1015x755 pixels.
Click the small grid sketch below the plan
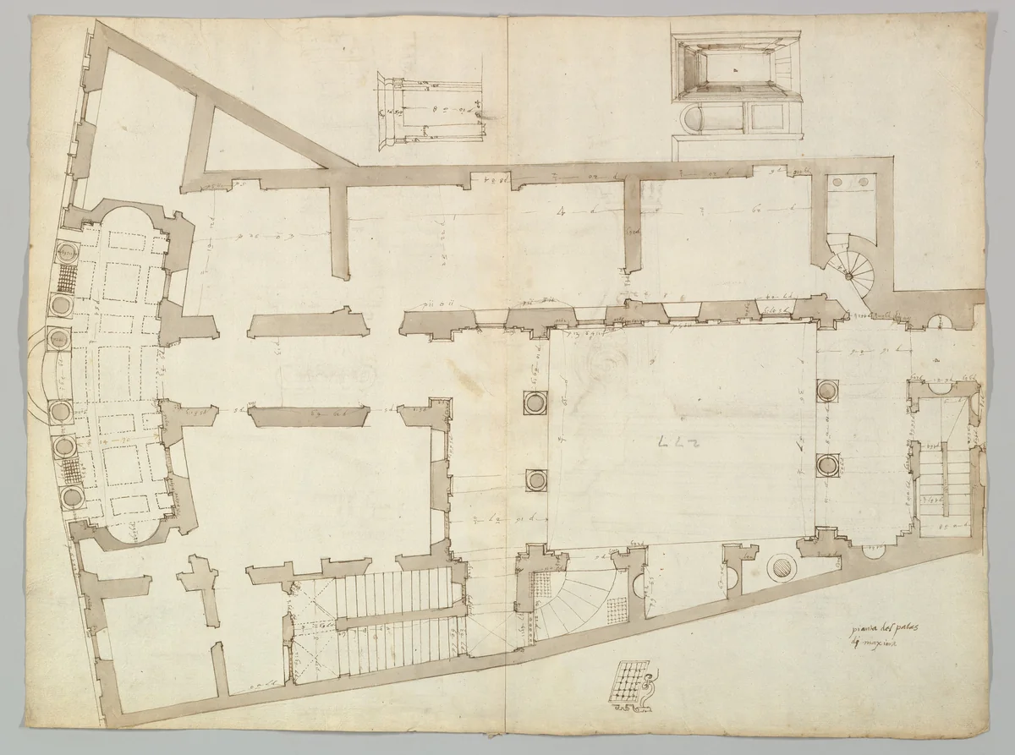point(629,681)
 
